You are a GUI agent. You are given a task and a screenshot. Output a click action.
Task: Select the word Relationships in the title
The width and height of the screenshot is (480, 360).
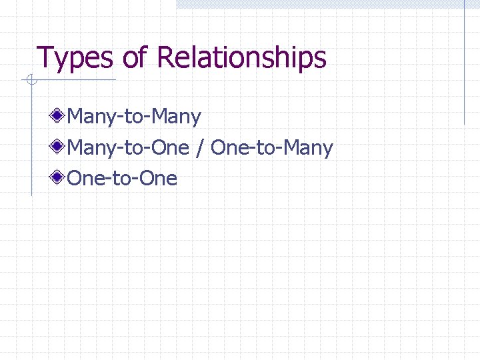point(241,59)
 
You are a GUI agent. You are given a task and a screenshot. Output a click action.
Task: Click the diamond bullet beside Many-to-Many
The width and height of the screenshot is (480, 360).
point(59,116)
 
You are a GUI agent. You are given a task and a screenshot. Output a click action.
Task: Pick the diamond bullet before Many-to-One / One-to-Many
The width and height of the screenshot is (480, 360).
point(59,147)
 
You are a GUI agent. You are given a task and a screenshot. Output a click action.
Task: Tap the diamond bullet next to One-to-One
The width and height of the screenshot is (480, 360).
point(59,177)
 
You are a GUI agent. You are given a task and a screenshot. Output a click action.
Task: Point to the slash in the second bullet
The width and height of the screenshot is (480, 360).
point(200,147)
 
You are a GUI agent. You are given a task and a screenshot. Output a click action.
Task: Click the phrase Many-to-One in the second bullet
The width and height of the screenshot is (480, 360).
point(129,147)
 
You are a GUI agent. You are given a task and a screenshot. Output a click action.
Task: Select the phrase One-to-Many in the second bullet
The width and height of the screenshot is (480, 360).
point(271,147)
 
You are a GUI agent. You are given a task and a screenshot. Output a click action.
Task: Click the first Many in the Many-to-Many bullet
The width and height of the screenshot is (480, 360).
point(91,117)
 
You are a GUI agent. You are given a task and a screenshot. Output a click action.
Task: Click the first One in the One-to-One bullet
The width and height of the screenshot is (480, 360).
point(83,179)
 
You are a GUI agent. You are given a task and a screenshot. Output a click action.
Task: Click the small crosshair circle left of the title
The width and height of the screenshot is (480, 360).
point(31,81)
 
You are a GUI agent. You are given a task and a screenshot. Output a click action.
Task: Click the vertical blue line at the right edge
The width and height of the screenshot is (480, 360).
point(464,63)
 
